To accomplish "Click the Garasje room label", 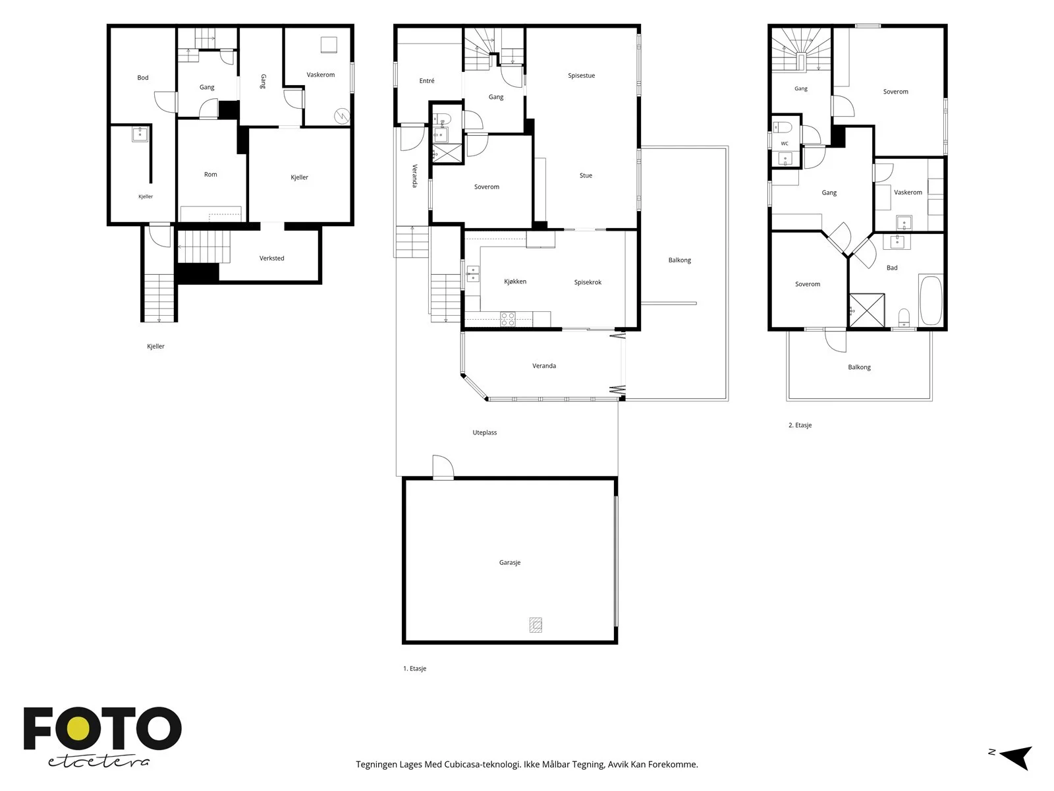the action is coord(509,562).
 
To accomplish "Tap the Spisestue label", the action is coord(581,75).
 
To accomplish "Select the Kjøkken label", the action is coord(514,281).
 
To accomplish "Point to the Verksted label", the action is coord(271,258).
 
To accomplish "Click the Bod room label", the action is coord(142,77).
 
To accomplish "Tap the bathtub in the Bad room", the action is coord(931,300).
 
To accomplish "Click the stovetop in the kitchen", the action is coord(508,320).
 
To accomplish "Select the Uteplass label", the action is coord(484,432).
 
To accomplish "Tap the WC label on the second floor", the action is coord(784,144).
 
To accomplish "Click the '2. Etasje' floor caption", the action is coord(800,425).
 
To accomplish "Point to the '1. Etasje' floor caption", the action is coord(414,668).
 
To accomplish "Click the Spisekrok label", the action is coord(588,282).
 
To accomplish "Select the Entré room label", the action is coord(426,80).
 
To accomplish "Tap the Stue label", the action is coord(586,175).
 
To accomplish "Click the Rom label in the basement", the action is coord(210,174).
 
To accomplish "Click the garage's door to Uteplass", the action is coord(443,467).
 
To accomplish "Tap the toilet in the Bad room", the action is coord(904,318).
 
